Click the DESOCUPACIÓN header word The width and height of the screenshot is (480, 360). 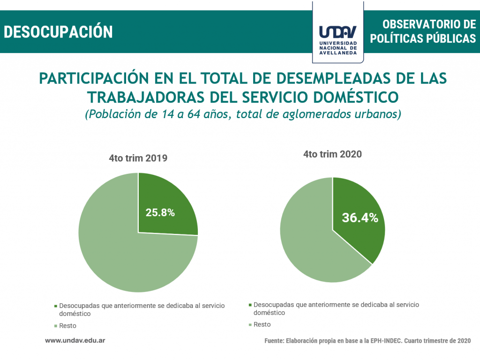coord(59,31)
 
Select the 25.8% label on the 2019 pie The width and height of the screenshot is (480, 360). coord(160,212)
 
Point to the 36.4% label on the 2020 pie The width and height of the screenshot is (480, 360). coord(360,217)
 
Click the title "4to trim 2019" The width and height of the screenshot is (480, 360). coord(138,158)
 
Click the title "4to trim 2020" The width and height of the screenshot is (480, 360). coord(332,154)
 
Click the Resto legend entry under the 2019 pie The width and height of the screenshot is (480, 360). coord(67,326)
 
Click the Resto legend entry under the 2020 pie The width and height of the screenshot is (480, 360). coord(262,324)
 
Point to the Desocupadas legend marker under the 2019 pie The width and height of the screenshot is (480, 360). coord(56,306)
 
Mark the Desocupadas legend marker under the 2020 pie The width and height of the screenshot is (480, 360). coord(250,305)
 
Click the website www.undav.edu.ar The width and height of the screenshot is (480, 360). coord(75,340)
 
